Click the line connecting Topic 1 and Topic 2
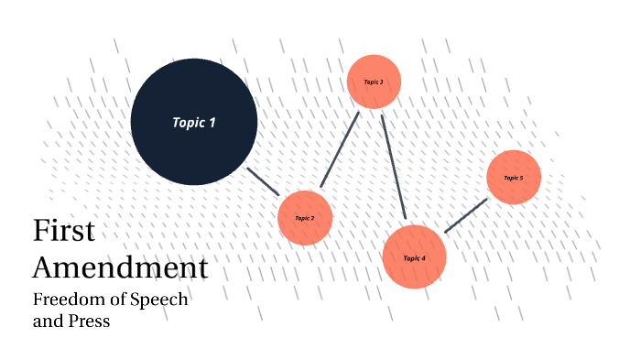click(x=263, y=180)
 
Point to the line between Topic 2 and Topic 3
click(x=340, y=149)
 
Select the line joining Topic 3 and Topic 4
click(x=393, y=167)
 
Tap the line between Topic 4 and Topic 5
click(x=465, y=215)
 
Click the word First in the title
click(x=63, y=231)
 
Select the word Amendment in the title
click(x=120, y=268)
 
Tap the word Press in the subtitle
click(x=88, y=322)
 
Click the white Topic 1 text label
click(x=194, y=121)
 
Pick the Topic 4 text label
click(x=415, y=258)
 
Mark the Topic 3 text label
click(x=374, y=82)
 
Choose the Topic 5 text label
click(x=514, y=178)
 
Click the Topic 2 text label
click(x=305, y=218)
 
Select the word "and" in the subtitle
click(x=46, y=321)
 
